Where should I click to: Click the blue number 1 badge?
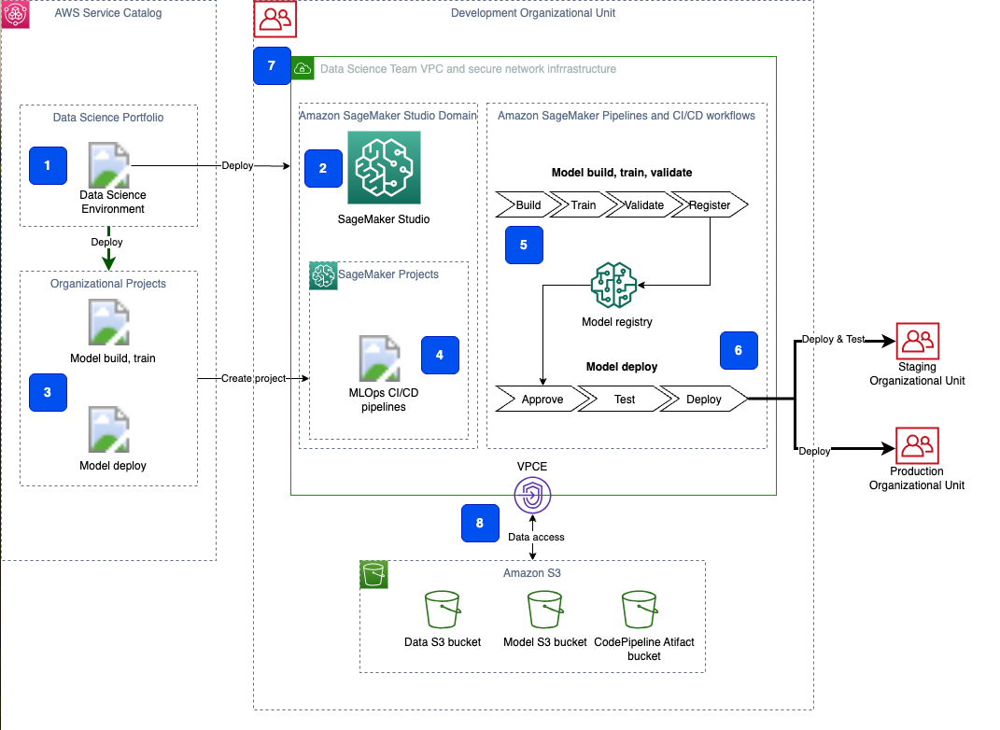[47, 165]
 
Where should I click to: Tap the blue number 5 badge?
[523, 244]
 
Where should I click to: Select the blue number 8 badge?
[479, 523]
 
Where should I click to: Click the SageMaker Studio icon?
[384, 167]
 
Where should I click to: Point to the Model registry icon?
[613, 285]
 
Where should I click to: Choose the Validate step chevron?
[643, 204]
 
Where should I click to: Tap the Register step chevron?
[710, 204]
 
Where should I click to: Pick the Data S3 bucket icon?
[442, 611]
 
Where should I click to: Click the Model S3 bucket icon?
[544, 611]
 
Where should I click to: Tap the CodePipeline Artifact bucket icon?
[643, 611]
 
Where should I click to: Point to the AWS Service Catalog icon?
[16, 15]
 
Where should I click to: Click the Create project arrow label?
[253, 378]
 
